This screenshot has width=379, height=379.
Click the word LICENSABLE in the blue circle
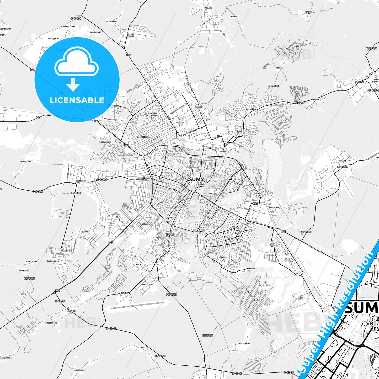77,100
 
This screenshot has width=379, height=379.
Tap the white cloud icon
77,65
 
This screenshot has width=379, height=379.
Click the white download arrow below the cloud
73,85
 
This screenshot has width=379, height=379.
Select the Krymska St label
282,104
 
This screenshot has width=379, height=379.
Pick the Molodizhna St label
68,171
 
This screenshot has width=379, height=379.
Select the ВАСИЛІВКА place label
274,207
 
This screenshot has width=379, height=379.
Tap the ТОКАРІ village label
342,161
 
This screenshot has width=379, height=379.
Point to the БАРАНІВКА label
251,109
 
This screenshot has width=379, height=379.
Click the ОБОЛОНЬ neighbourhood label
145,224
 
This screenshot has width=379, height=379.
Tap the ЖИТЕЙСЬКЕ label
234,17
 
